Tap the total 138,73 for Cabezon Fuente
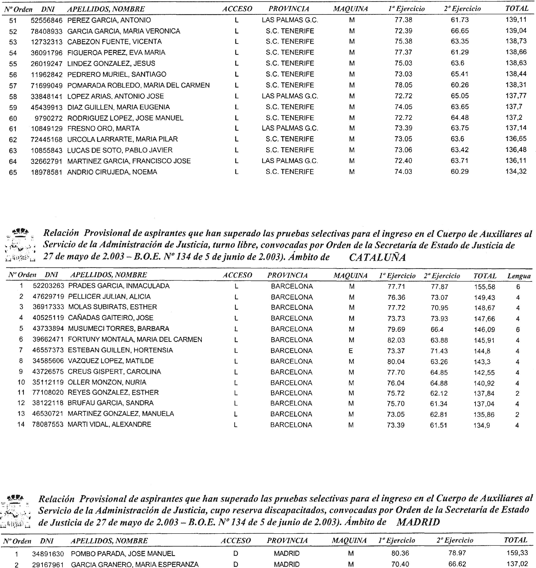coord(516,41)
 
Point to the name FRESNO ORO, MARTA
coord(103,128)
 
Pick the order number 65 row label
coord(13,172)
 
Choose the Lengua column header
coord(519,276)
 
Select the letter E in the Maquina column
coord(351,350)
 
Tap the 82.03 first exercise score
coord(396,340)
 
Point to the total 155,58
coord(485,287)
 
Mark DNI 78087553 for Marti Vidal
coord(48,424)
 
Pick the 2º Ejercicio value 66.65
coord(459,31)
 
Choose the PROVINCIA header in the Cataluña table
coord(287,275)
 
